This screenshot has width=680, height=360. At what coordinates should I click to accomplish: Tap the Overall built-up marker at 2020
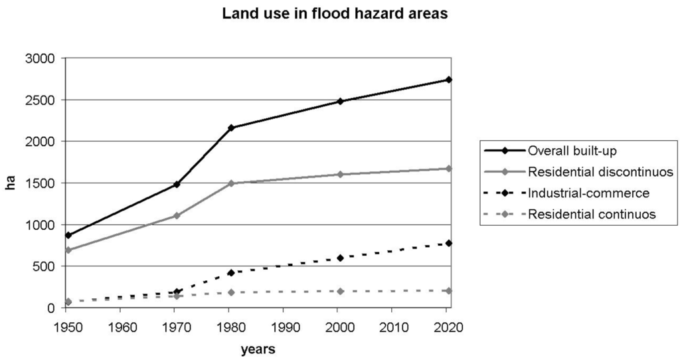click(449, 80)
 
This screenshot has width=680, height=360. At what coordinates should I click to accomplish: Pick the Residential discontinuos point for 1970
click(177, 215)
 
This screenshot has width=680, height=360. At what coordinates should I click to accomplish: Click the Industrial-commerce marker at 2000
click(340, 258)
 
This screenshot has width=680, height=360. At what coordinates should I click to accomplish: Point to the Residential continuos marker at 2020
click(449, 290)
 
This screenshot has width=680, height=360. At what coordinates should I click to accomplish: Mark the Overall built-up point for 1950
click(68, 235)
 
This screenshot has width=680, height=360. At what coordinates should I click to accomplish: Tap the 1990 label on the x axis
click(283, 327)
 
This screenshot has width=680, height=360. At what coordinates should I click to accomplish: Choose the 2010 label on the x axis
click(391, 327)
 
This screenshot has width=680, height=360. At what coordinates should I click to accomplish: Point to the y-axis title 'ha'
click(11, 183)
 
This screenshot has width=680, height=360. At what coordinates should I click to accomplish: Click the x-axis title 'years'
click(258, 349)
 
